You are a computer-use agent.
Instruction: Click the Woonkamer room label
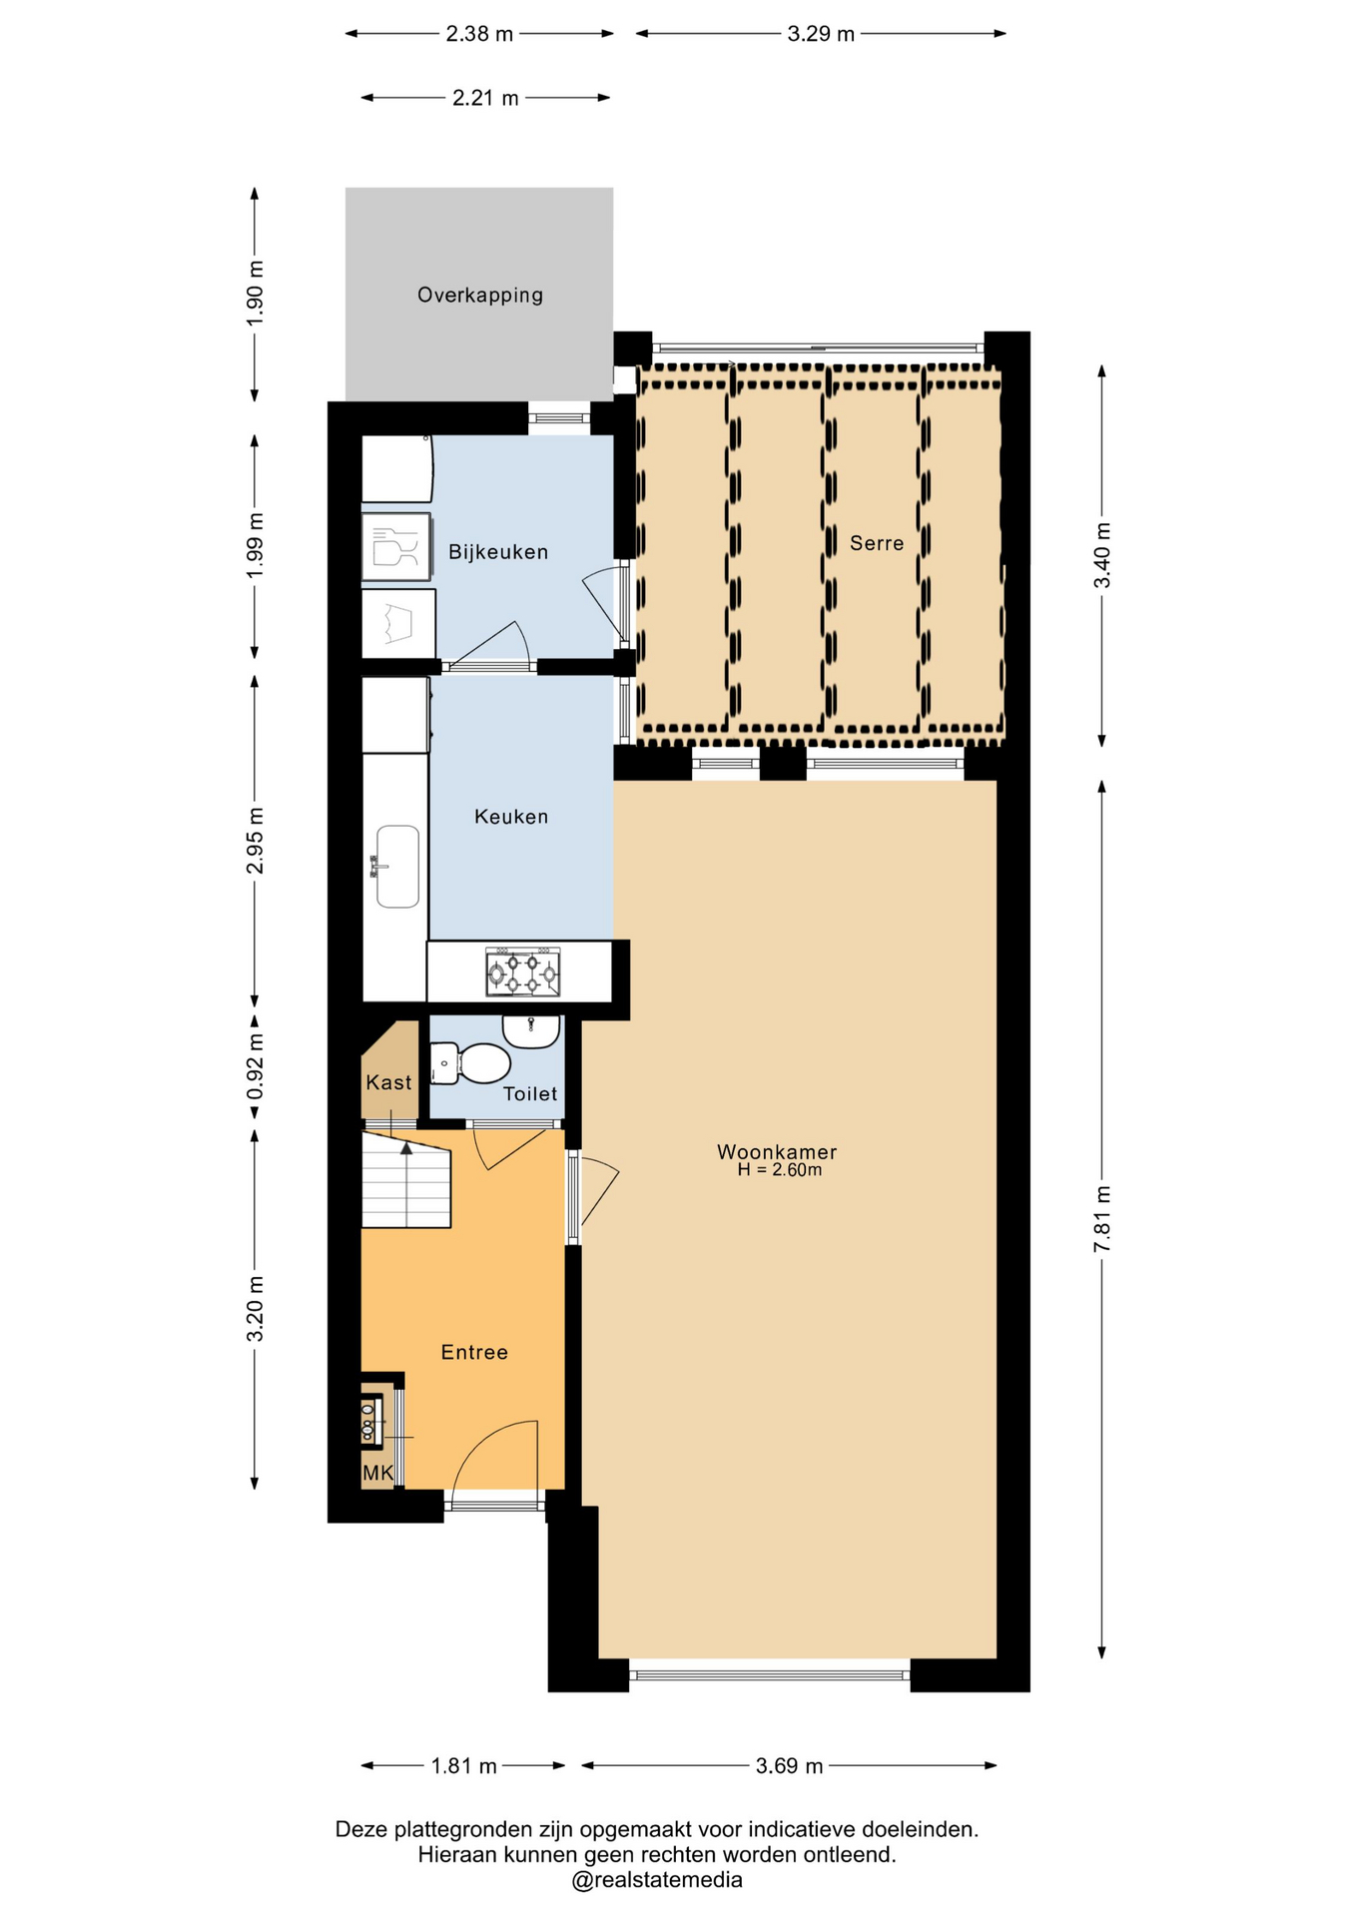pos(777,1151)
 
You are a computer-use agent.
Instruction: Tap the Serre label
pos(877,543)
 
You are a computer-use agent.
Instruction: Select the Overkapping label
pos(480,296)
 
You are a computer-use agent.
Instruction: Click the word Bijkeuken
pos(498,552)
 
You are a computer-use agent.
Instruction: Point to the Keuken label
pos(511,817)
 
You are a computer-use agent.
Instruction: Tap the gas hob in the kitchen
pos(523,972)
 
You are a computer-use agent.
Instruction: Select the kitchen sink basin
pos(397,867)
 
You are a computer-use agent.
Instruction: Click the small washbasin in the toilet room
pos(531,1030)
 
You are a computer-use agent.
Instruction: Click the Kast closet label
pos(388,1083)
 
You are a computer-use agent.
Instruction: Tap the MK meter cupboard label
pos(378,1473)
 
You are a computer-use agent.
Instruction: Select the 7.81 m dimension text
pos(1102,1219)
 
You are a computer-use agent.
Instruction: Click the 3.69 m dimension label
pos(789,1766)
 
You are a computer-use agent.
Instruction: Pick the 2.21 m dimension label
pos(485,98)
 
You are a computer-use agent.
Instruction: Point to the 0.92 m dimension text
pos(256,1066)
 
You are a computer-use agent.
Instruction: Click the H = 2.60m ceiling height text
pos(780,1170)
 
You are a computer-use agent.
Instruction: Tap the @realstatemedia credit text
pos(657,1880)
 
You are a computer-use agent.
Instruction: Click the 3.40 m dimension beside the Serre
pos(1102,555)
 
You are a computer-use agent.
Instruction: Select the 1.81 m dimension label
pos(463,1766)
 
